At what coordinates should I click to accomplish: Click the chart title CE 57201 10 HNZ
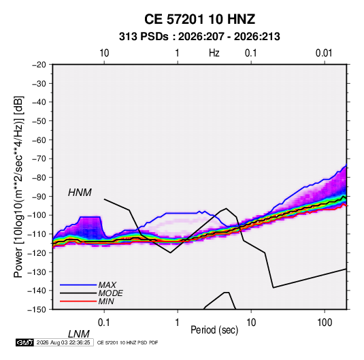click(x=199, y=19)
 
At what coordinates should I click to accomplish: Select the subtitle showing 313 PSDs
click(x=199, y=37)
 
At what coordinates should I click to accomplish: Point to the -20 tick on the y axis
click(x=39, y=65)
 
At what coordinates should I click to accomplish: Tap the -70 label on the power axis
click(x=39, y=159)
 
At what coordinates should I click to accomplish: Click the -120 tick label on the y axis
click(x=37, y=253)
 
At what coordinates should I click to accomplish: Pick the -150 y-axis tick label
click(x=37, y=310)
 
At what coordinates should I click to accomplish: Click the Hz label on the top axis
click(x=214, y=53)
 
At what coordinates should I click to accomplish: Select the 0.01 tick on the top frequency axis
click(x=324, y=53)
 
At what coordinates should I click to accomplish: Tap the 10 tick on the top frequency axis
click(x=104, y=53)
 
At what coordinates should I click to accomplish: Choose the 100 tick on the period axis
click(x=325, y=323)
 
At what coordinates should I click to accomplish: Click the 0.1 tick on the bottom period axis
click(x=104, y=323)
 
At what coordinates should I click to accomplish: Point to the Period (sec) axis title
click(x=214, y=330)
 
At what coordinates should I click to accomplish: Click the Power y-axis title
click(x=18, y=186)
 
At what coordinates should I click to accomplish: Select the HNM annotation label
click(x=80, y=193)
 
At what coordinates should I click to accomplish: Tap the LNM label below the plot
click(x=78, y=334)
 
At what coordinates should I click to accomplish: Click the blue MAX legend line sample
click(x=78, y=285)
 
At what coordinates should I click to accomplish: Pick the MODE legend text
click(x=110, y=293)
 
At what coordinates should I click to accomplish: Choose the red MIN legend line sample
click(x=78, y=301)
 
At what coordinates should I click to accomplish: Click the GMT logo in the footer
click(x=25, y=342)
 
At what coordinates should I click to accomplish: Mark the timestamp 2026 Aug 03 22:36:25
click(x=63, y=342)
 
